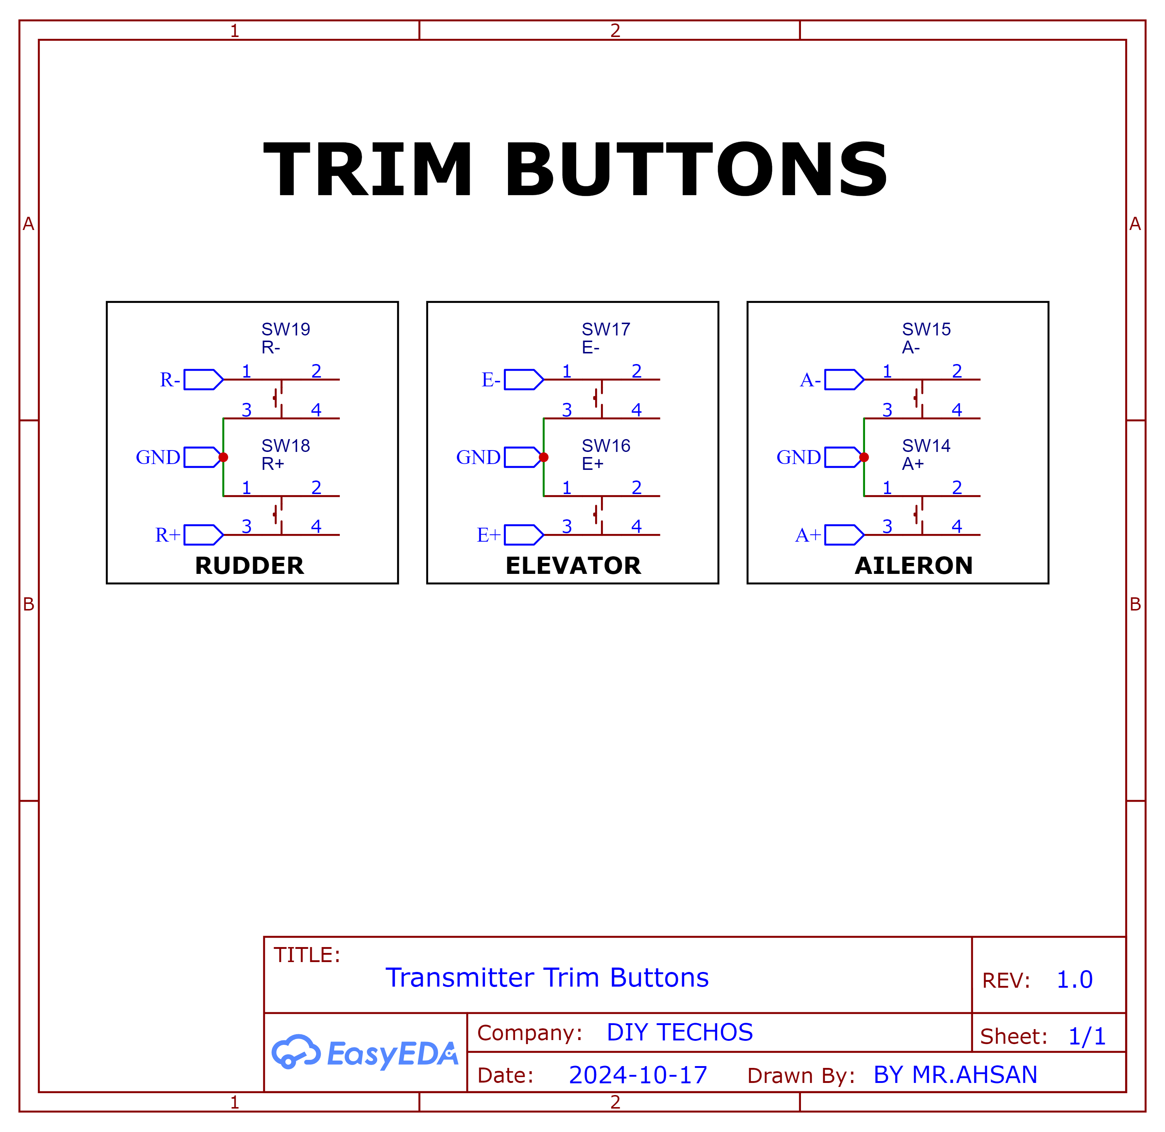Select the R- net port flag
(203, 379)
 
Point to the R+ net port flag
(203, 534)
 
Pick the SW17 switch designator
(606, 329)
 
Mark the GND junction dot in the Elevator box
(543, 457)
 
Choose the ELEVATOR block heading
(573, 565)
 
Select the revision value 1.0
(1074, 979)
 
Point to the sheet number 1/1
(1087, 1036)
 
